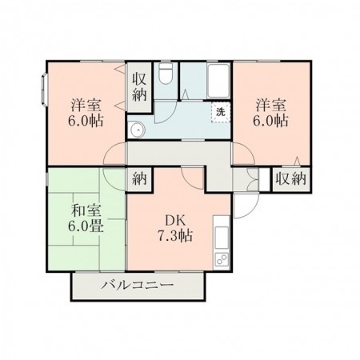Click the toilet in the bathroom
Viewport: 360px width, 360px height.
(x=166, y=74)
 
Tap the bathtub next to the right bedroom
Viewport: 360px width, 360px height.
(x=218, y=81)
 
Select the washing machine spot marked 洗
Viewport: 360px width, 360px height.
(x=221, y=112)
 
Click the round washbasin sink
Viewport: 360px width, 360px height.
(x=137, y=130)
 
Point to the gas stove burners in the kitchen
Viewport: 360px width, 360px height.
(x=222, y=258)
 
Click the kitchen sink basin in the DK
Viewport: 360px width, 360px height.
(x=222, y=238)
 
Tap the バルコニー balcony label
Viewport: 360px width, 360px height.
(x=138, y=285)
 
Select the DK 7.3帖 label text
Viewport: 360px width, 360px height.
(x=175, y=228)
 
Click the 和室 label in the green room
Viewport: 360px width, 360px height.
(x=86, y=210)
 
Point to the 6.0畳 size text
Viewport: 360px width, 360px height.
(x=86, y=226)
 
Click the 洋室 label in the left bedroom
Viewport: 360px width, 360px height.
(x=86, y=105)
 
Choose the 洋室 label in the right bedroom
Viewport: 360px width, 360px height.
(x=271, y=105)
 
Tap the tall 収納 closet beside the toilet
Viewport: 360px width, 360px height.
(x=139, y=86)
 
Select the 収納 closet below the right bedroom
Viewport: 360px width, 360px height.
(x=291, y=179)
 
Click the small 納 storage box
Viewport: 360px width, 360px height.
(x=139, y=179)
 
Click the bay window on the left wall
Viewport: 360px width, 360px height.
(x=44, y=90)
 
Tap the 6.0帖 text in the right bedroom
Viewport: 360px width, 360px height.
(x=270, y=121)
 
